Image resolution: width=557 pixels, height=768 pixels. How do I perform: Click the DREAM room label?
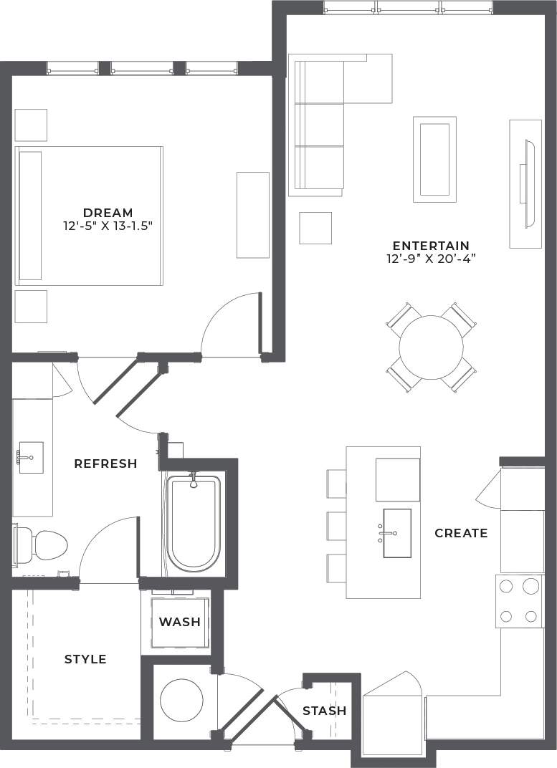[108, 213]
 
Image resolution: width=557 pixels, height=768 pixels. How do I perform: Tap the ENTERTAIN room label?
[430, 245]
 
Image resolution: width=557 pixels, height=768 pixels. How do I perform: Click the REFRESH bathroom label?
[105, 464]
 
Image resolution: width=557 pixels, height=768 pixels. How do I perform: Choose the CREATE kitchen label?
[461, 533]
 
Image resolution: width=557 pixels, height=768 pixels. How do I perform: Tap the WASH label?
[179, 622]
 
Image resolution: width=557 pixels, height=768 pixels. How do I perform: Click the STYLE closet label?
[85, 659]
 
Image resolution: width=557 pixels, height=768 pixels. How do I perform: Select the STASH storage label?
[324, 711]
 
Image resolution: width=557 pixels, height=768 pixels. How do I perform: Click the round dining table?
[431, 347]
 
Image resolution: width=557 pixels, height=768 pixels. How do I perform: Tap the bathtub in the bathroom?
[194, 523]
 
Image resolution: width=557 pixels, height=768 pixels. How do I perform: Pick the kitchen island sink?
[396, 533]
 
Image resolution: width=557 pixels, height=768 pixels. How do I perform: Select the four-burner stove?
[519, 600]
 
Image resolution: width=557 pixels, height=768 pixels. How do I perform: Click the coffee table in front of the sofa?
[434, 159]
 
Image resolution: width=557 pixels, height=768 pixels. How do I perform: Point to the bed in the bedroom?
[90, 216]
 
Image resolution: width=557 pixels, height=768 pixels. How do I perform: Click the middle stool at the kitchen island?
[336, 526]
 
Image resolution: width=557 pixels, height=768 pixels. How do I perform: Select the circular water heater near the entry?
[181, 700]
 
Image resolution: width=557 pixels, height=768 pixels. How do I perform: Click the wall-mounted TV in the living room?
[528, 184]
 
